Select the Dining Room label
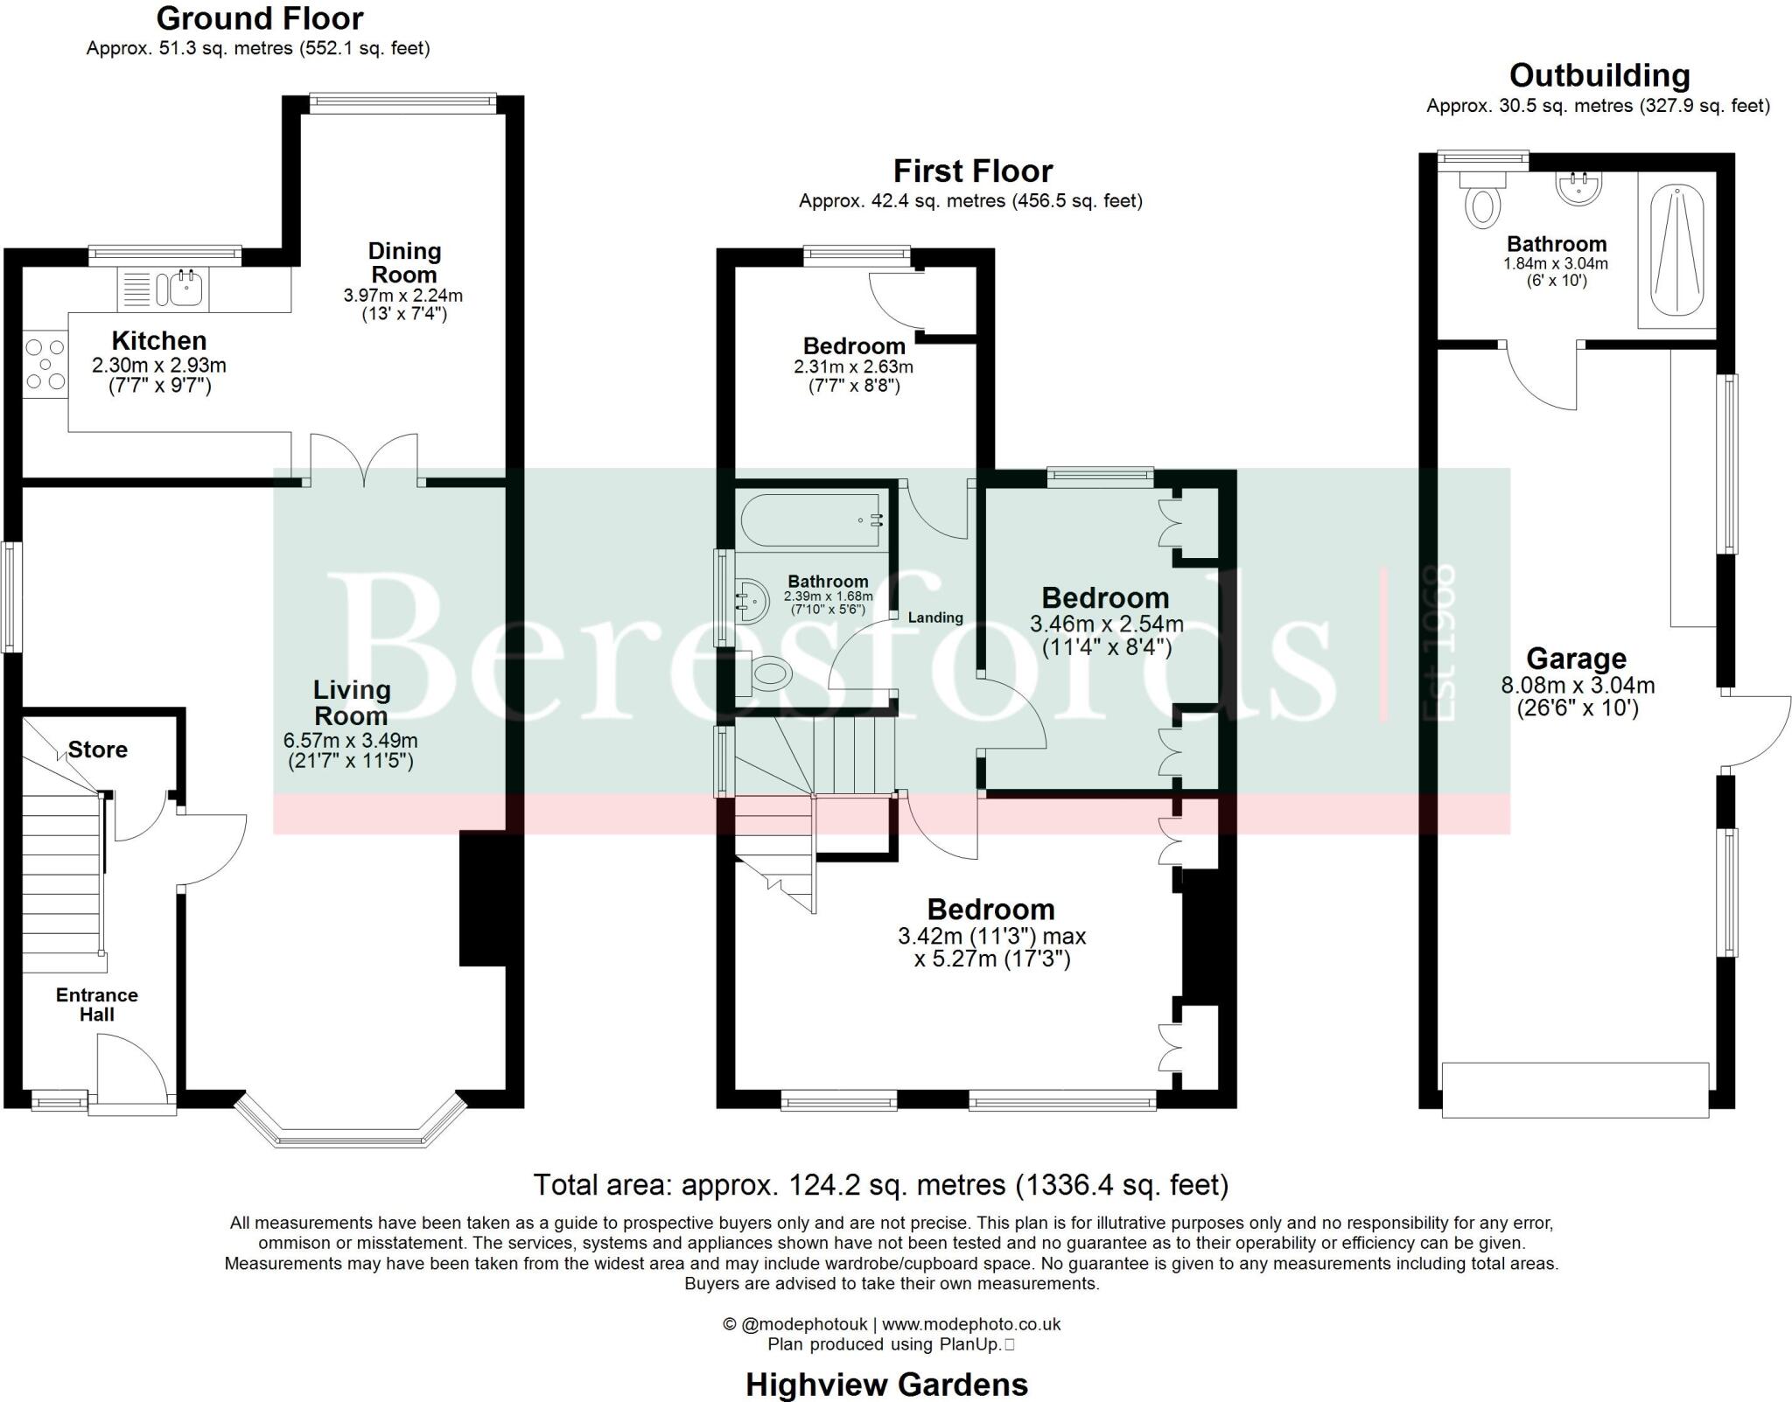403,262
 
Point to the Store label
98,750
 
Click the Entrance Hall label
97,1004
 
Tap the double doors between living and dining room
364,459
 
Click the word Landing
934,617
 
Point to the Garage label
1576,658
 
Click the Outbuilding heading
1599,75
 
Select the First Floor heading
972,171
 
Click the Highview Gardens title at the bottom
885,1385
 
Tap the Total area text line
880,1185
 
